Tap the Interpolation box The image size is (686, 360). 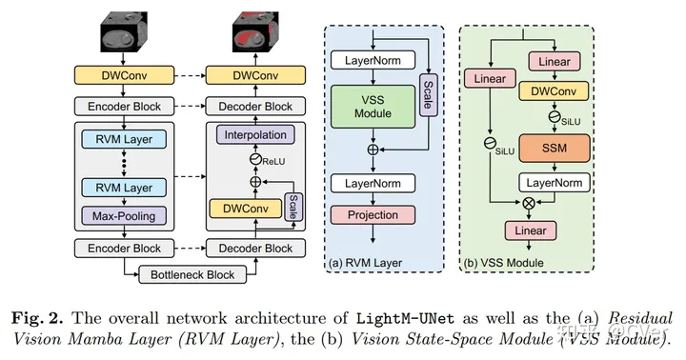[x=255, y=135]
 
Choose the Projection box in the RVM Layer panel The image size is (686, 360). [x=373, y=214]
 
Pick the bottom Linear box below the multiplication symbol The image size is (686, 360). [x=531, y=230]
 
